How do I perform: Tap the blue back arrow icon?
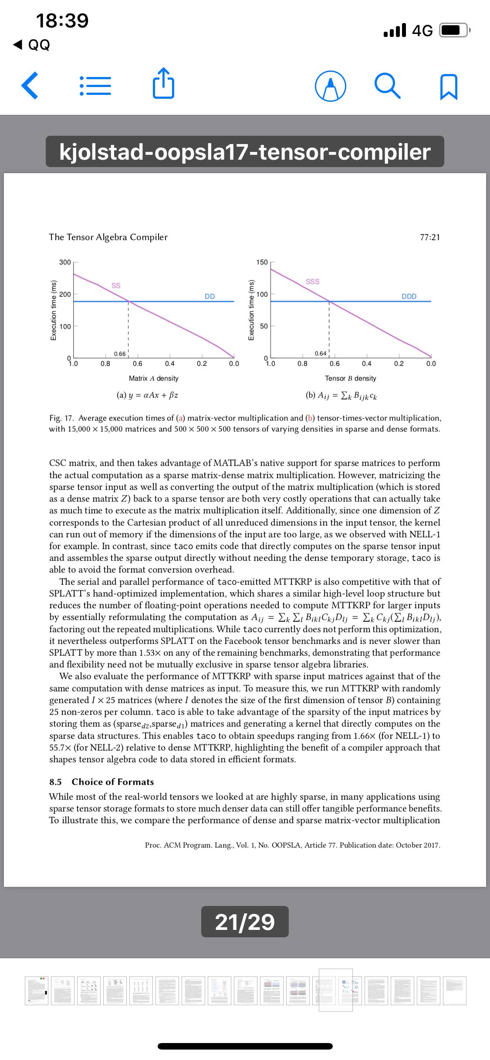pyautogui.click(x=30, y=86)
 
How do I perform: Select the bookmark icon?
pyautogui.click(x=449, y=86)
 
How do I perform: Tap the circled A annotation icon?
pyautogui.click(x=331, y=86)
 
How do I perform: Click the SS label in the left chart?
pyautogui.click(x=116, y=285)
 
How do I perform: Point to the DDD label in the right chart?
pyautogui.click(x=409, y=296)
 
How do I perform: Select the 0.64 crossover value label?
pyautogui.click(x=320, y=353)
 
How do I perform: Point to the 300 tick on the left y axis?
pyautogui.click(x=65, y=262)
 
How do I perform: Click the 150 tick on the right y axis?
pyautogui.click(x=262, y=262)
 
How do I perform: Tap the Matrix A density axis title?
pyautogui.click(x=153, y=379)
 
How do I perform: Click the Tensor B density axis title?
pyautogui.click(x=350, y=379)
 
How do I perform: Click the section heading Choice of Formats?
pyautogui.click(x=112, y=782)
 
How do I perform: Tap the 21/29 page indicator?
pyautogui.click(x=245, y=922)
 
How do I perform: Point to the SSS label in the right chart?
pyautogui.click(x=312, y=282)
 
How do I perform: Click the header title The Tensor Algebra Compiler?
pyautogui.click(x=108, y=237)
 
